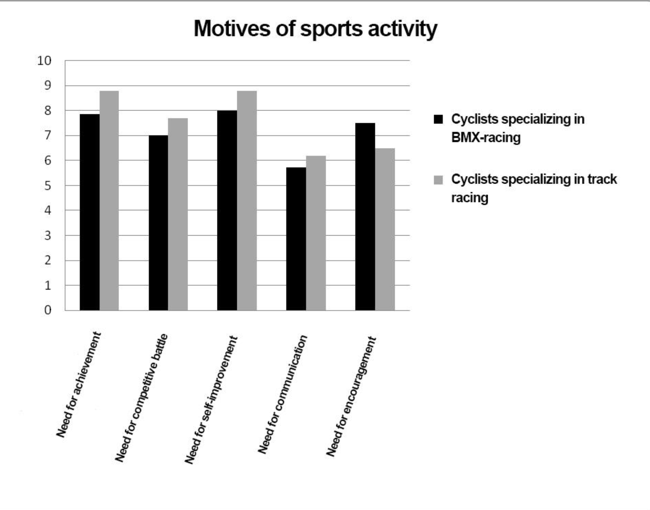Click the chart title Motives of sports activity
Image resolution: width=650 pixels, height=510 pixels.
pyautogui.click(x=315, y=29)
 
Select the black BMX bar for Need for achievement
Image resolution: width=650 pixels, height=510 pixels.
pyautogui.click(x=89, y=212)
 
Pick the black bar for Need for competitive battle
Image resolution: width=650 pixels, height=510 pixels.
pyautogui.click(x=158, y=223)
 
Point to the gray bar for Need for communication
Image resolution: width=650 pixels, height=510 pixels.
pyautogui.click(x=316, y=233)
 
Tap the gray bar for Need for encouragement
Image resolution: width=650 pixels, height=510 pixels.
pyautogui.click(x=385, y=229)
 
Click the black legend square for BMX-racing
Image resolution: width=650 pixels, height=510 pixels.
pyautogui.click(x=438, y=119)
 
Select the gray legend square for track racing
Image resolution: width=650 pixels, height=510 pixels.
pyautogui.click(x=438, y=180)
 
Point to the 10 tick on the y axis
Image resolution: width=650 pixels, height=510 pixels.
pyautogui.click(x=44, y=61)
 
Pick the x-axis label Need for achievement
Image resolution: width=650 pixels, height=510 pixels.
pyautogui.click(x=78, y=385)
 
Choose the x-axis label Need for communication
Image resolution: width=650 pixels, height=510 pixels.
pyautogui.click(x=282, y=394)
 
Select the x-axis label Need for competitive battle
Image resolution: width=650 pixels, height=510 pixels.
pyautogui.click(x=141, y=397)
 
